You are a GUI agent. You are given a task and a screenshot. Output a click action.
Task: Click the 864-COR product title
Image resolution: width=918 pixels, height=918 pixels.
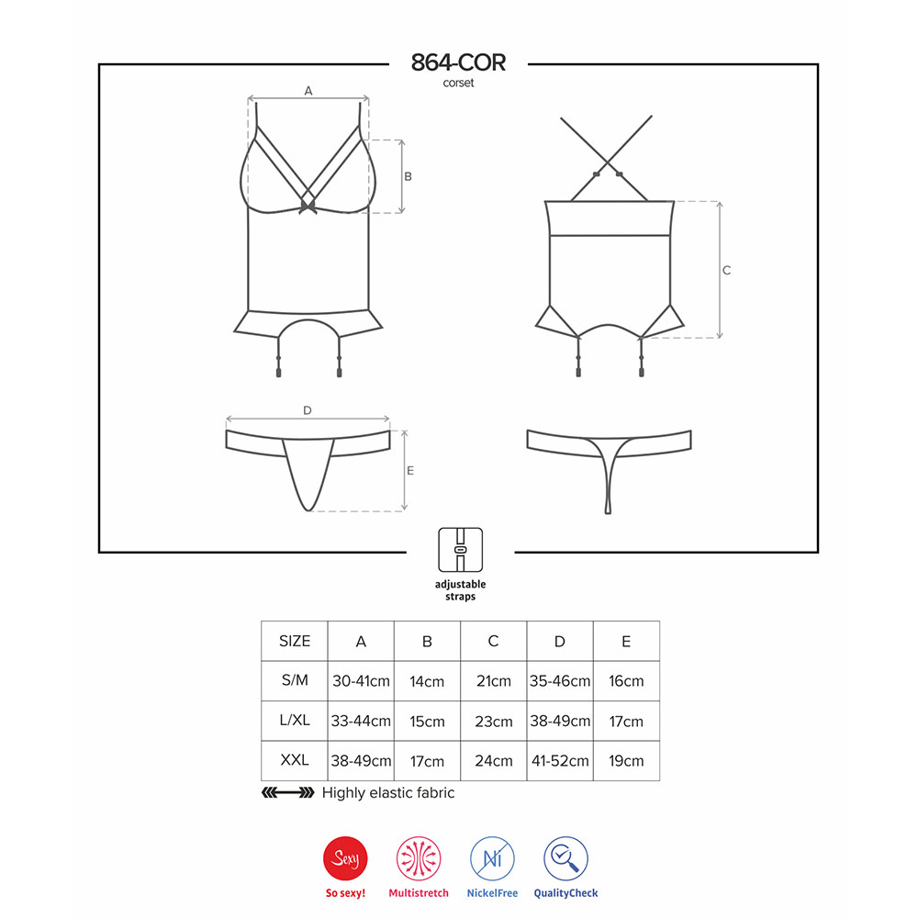[x=458, y=62]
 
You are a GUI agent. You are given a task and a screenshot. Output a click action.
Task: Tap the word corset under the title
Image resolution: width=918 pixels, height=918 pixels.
[x=458, y=84]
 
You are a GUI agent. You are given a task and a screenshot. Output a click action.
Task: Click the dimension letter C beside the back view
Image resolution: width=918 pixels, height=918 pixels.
[x=726, y=270]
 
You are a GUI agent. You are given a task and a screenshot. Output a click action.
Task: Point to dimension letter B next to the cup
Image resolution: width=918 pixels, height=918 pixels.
[x=409, y=176]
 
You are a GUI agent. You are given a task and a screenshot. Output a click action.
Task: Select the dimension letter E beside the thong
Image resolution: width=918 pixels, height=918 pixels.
[x=409, y=470]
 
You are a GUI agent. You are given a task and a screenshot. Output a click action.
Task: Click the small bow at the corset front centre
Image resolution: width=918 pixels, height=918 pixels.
[x=308, y=206]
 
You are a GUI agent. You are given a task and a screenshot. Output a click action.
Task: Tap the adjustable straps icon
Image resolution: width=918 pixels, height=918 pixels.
[x=460, y=550]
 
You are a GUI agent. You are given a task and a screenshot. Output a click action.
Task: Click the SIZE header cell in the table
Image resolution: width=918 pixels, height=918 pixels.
[x=295, y=641]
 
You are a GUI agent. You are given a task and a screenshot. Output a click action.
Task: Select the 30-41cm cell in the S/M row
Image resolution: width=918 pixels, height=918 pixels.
[x=361, y=681]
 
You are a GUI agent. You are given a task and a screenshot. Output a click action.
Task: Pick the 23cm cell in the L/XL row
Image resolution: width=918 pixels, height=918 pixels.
[x=494, y=722]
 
